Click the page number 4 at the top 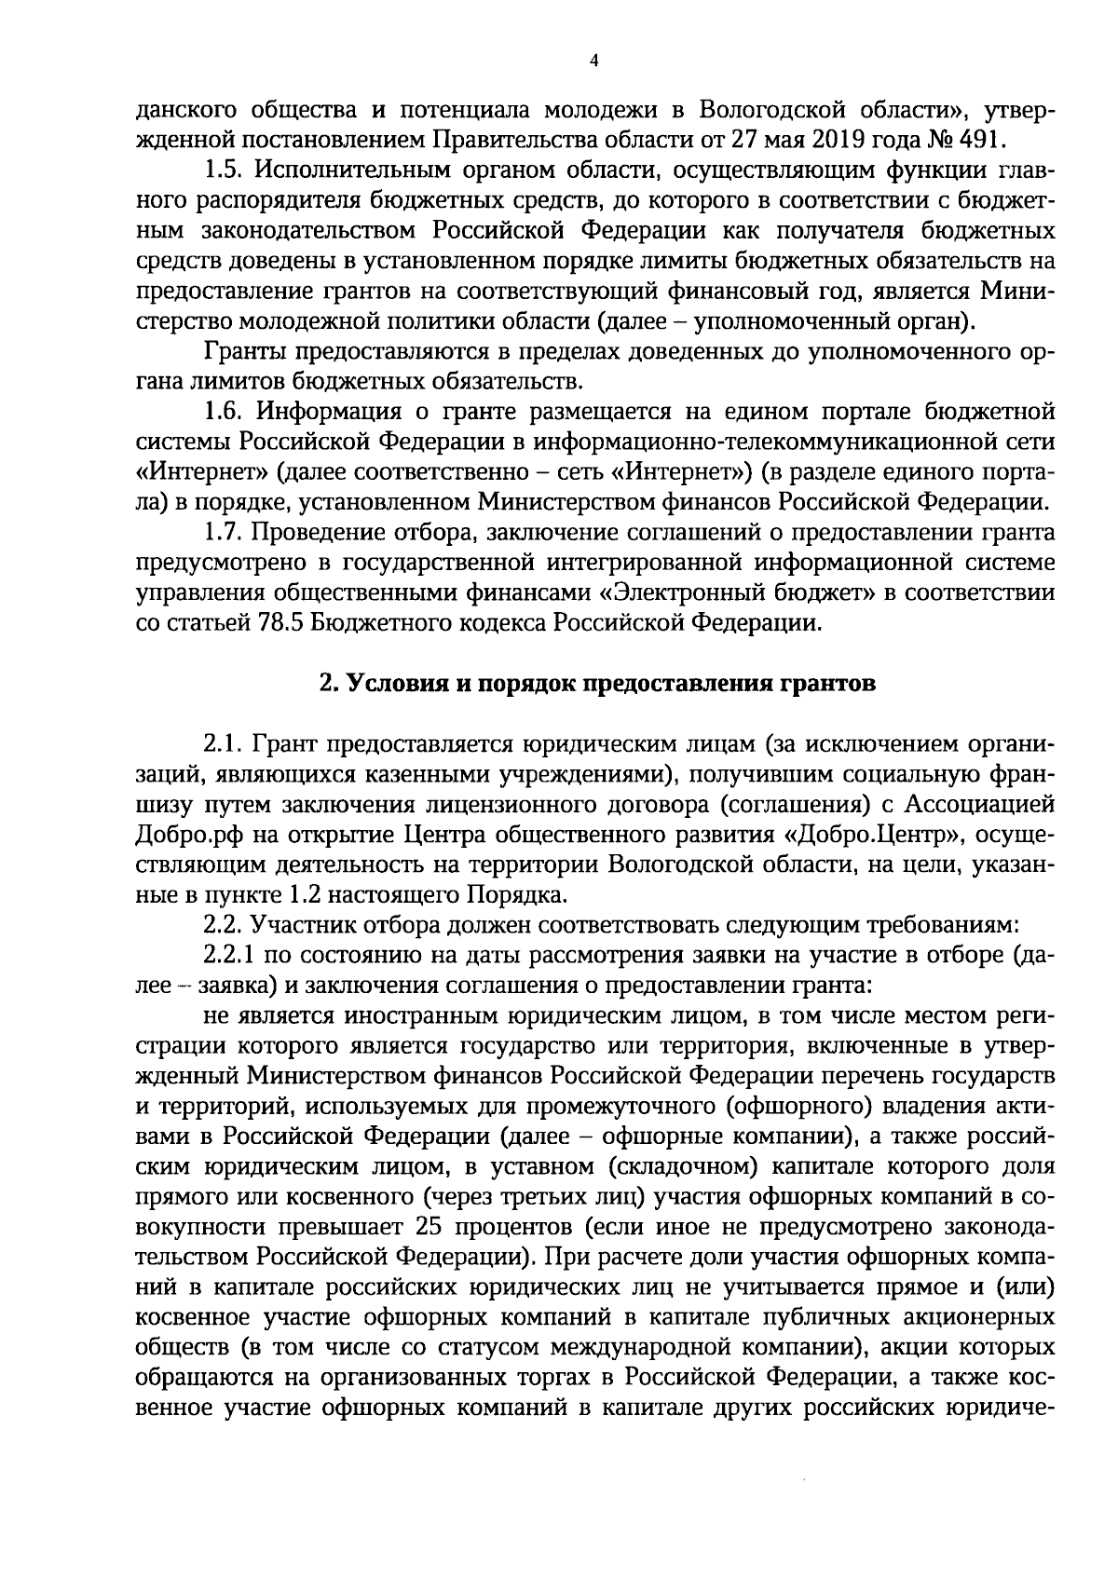pos(594,62)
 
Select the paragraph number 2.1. pos(222,744)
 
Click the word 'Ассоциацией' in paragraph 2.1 pos(988,804)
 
